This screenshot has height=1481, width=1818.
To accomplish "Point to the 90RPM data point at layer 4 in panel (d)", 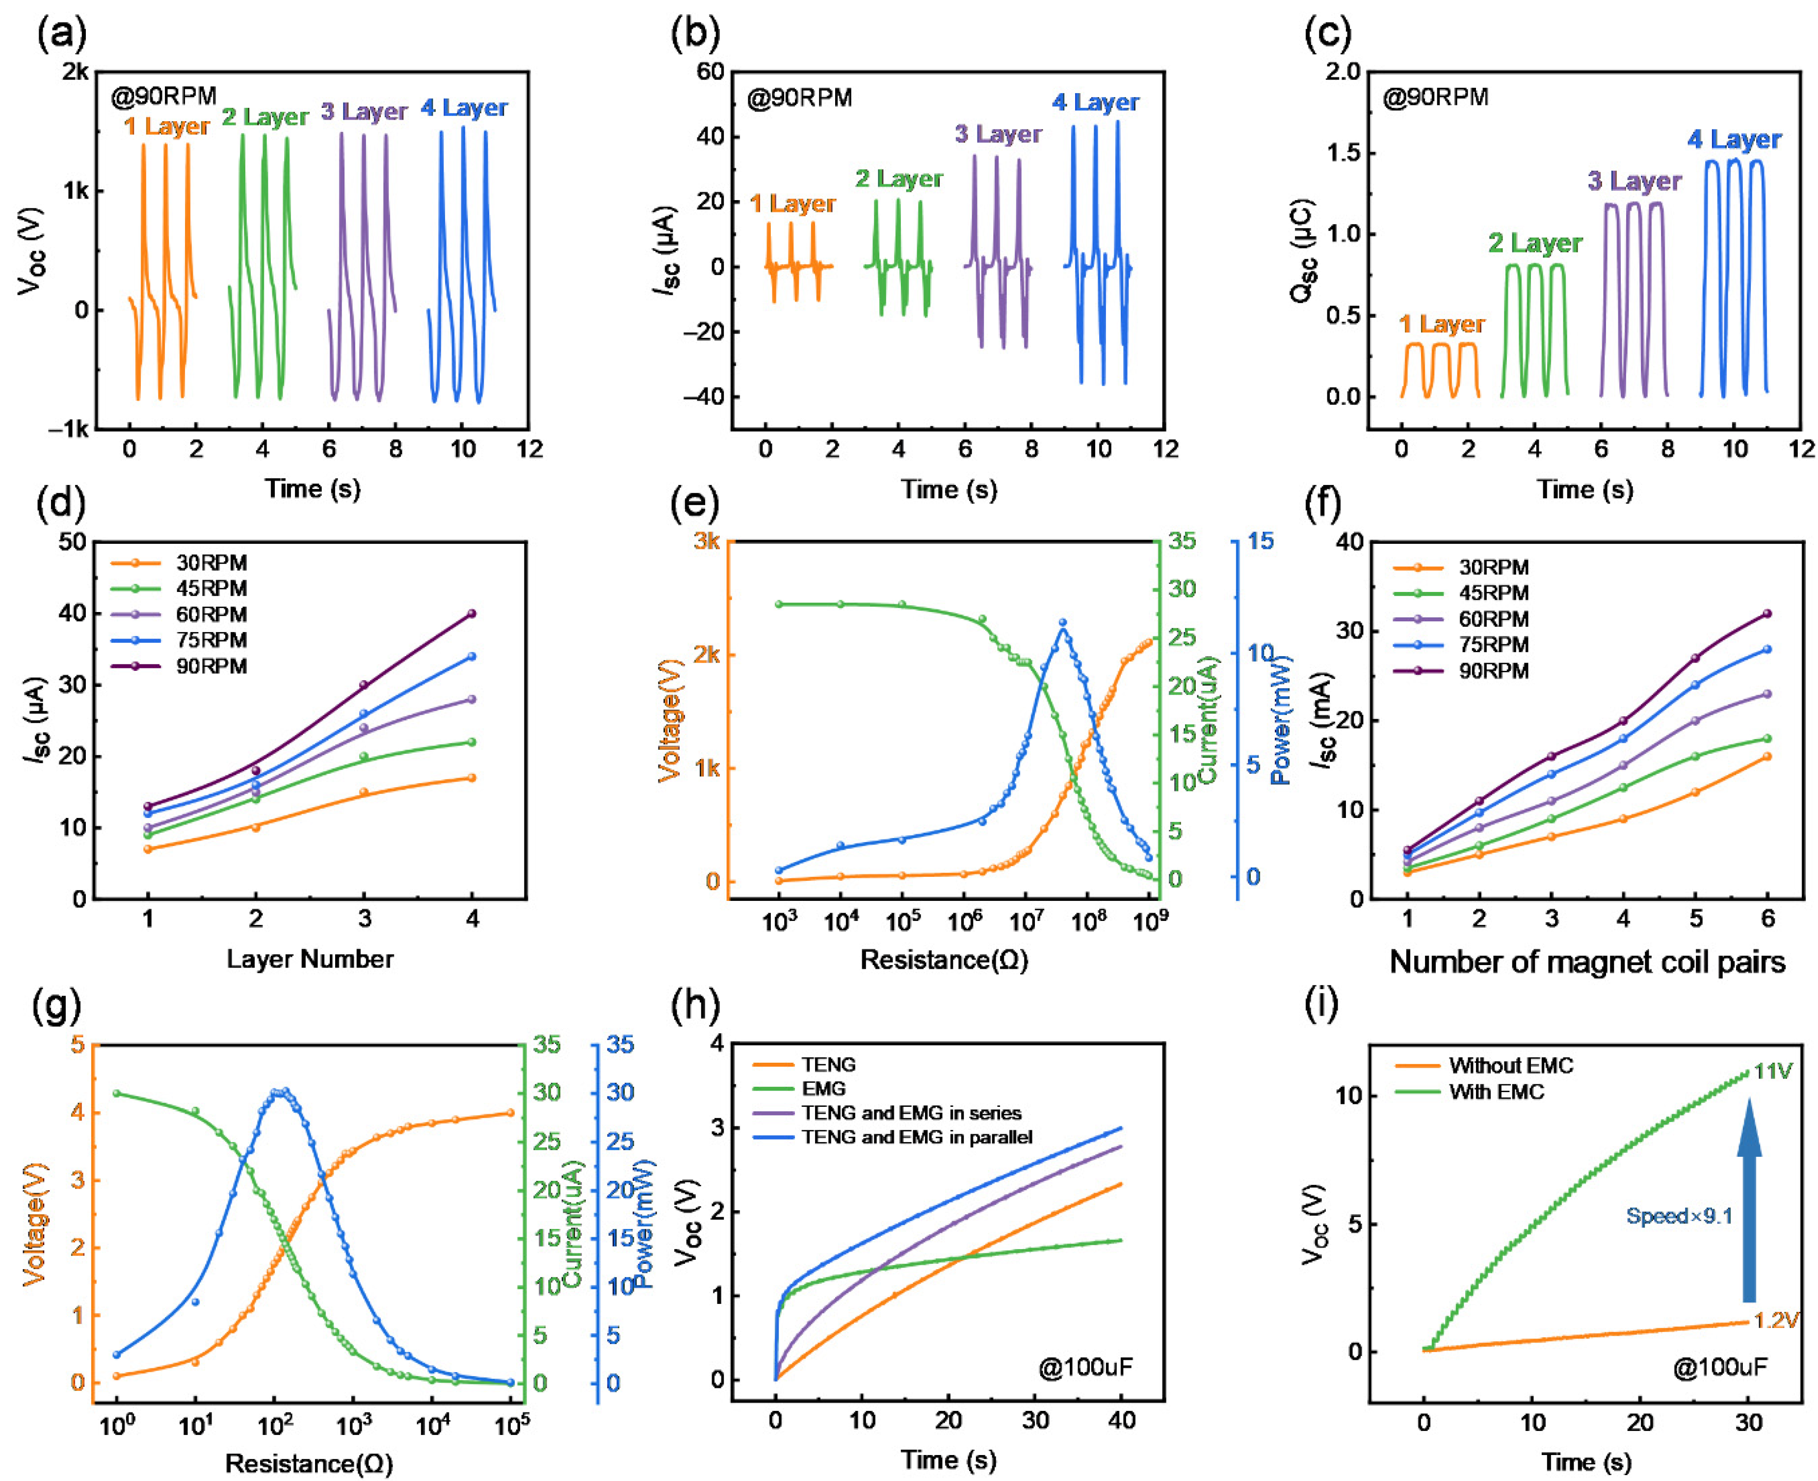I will (472, 613).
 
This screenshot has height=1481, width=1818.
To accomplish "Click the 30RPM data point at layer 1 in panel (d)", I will (149, 849).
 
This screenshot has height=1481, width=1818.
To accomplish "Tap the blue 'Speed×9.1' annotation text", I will (1679, 1216).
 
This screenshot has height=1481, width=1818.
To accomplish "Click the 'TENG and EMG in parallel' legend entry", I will (916, 1137).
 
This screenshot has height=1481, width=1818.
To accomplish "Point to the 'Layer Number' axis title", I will (310, 959).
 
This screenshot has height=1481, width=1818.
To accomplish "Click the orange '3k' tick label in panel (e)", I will (706, 541).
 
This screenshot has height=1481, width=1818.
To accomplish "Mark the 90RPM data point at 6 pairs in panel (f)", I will (1767, 613).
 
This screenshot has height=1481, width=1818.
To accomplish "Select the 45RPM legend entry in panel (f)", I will (1493, 593).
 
